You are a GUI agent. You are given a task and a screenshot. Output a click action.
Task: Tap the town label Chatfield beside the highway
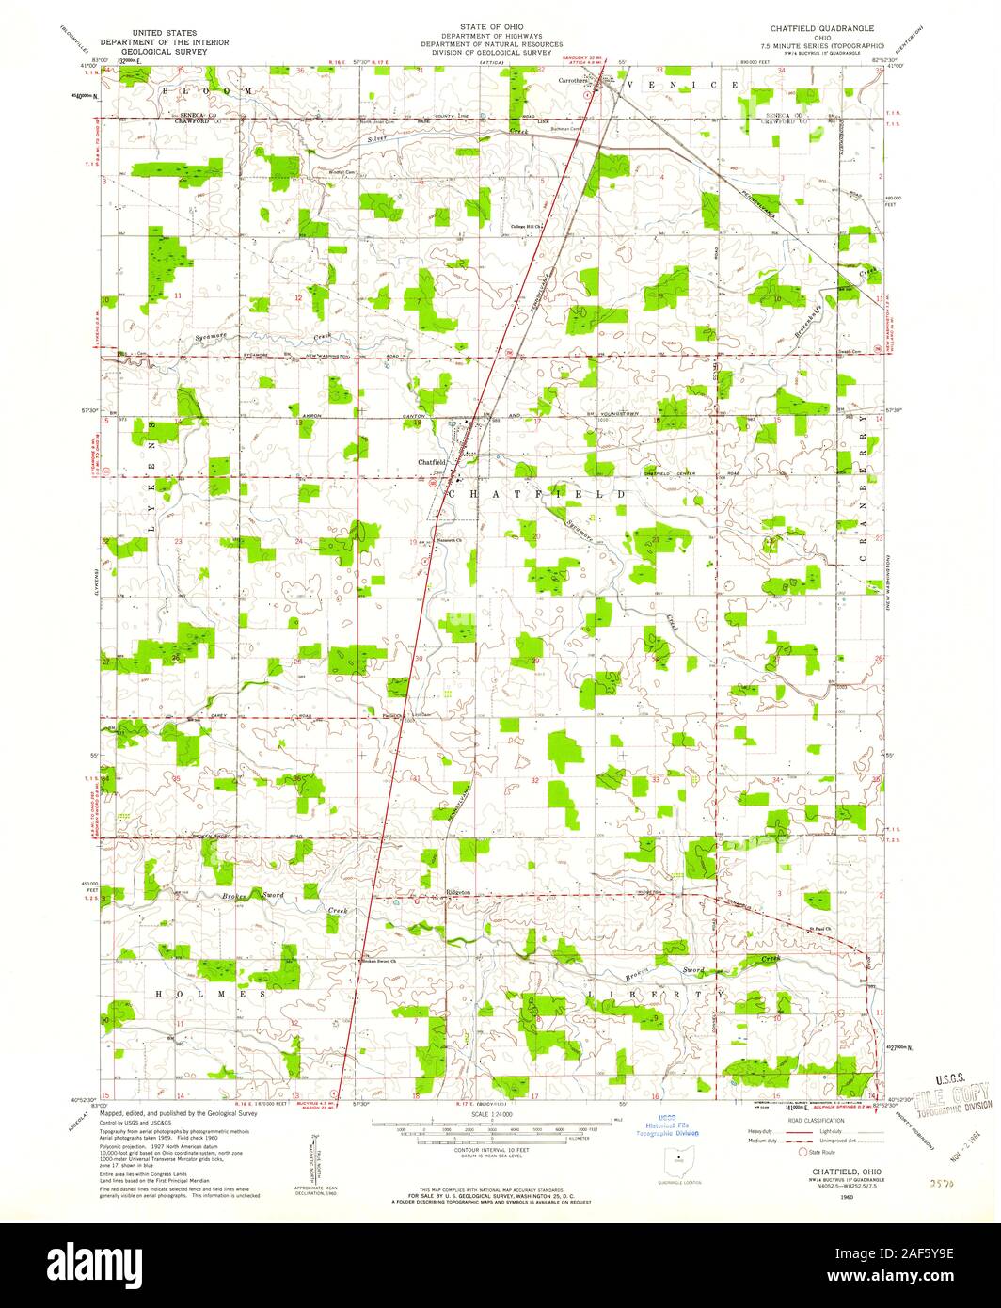(432, 462)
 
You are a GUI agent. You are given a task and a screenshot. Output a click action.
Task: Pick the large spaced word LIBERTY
(656, 994)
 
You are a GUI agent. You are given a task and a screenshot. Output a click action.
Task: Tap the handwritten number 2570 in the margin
(934, 1180)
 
